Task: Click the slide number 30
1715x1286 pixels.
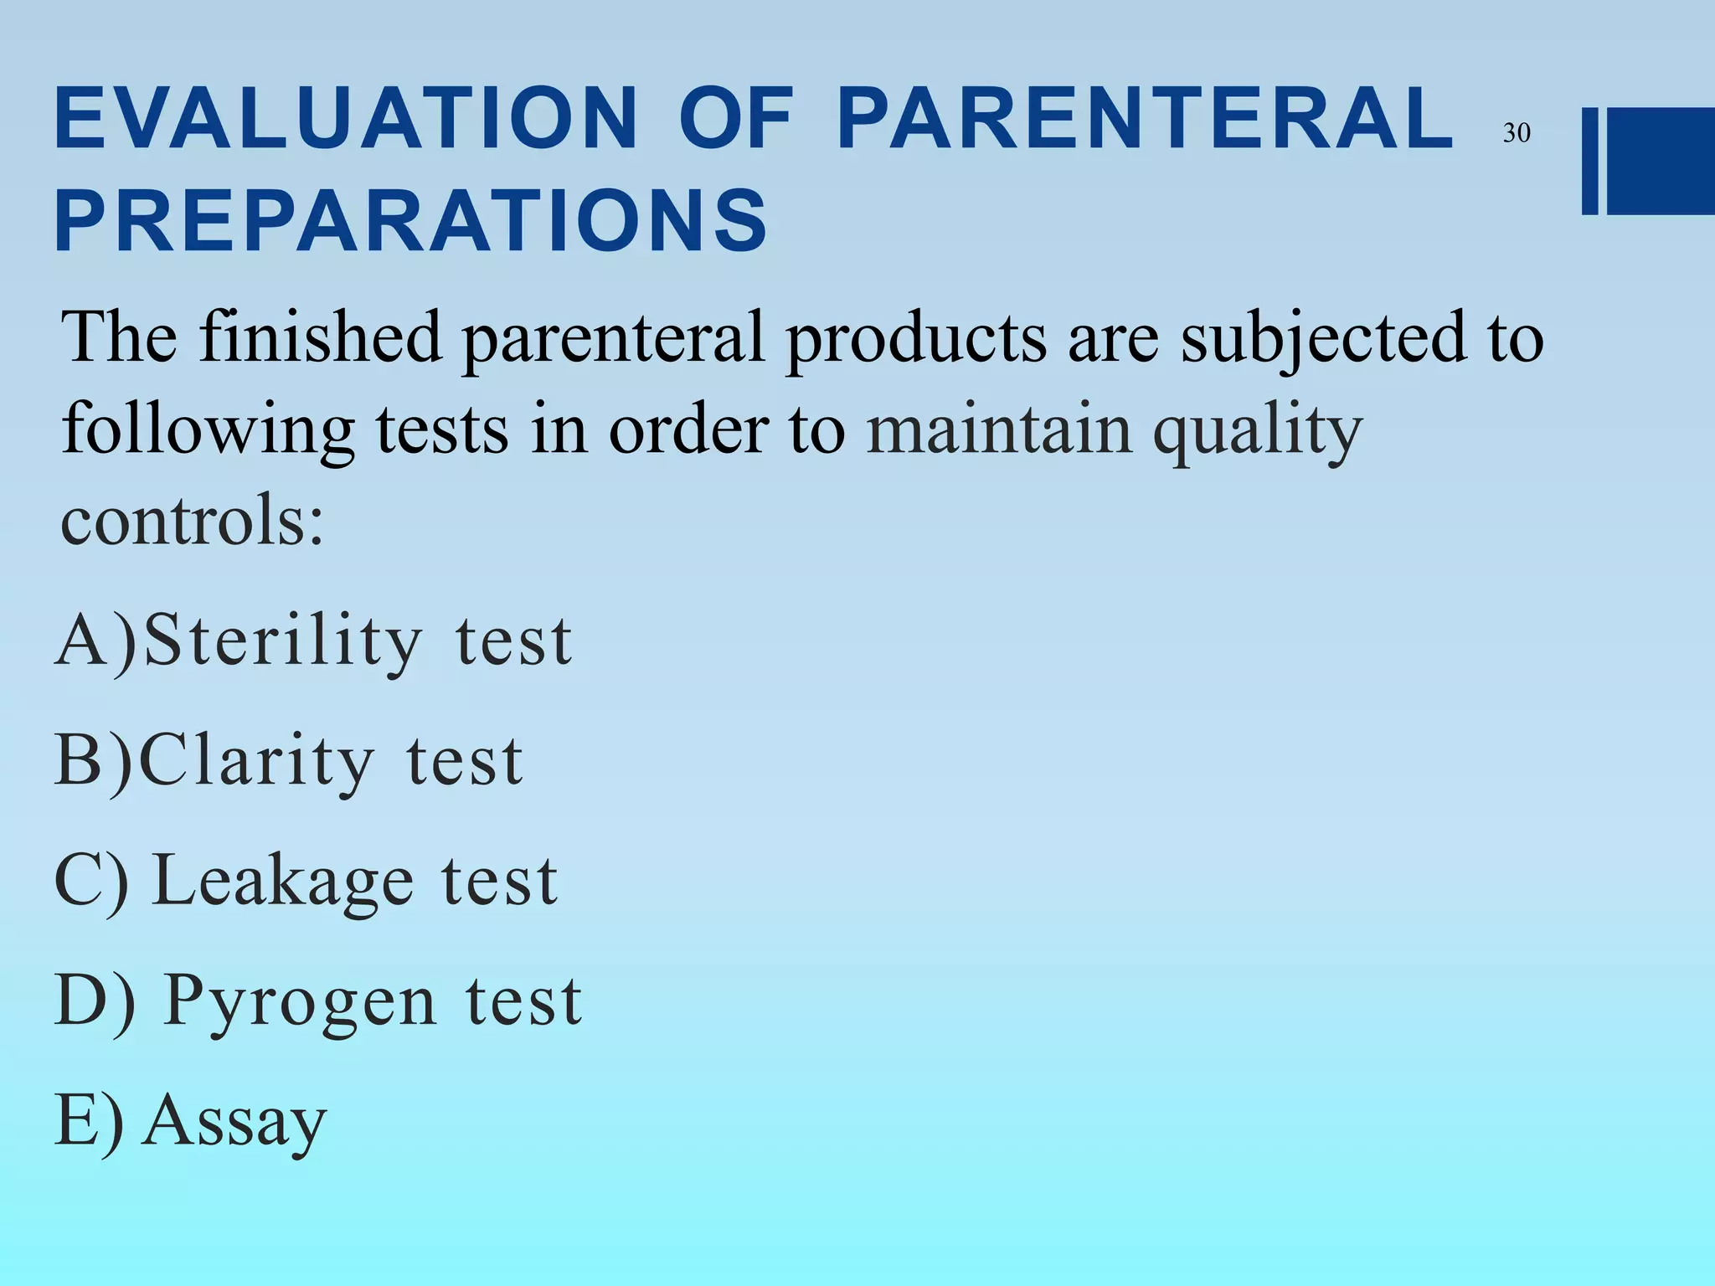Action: [x=1516, y=133]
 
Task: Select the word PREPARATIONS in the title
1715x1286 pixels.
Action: [x=410, y=220]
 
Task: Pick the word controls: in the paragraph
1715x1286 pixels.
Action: [x=192, y=519]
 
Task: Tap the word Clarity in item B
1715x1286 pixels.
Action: [x=256, y=760]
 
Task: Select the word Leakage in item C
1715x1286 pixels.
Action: [x=283, y=881]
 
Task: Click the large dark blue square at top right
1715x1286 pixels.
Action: [x=1661, y=161]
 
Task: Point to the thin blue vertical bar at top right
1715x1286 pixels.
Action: [x=1589, y=161]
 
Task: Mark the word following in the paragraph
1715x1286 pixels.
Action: [x=208, y=429]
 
